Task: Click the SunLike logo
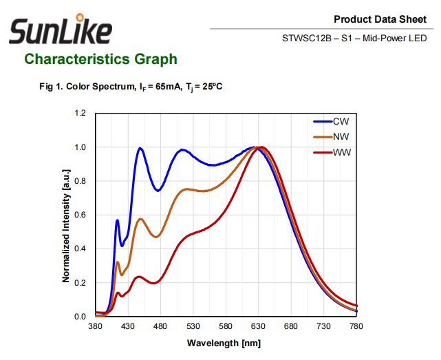click(x=60, y=30)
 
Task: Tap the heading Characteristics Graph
click(x=100, y=59)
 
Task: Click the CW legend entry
click(x=341, y=121)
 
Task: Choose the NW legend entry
click(x=341, y=136)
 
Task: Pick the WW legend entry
click(x=341, y=151)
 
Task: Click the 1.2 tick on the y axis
click(x=80, y=113)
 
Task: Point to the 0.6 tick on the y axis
click(x=80, y=215)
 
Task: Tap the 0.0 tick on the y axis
click(x=80, y=317)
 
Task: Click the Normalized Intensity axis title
click(x=66, y=215)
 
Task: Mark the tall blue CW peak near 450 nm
click(x=140, y=148)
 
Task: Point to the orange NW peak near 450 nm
click(x=140, y=219)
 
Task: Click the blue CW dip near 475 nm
click(x=158, y=191)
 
